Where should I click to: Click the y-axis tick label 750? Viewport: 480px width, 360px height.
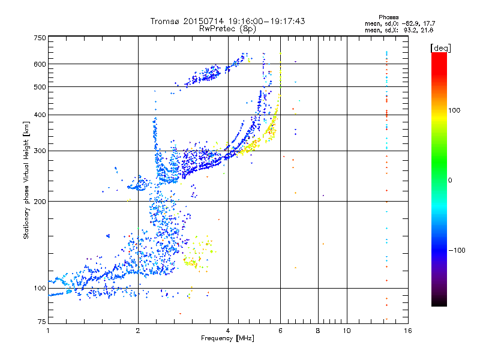[x=40, y=38]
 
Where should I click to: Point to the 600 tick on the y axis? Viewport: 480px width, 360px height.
[x=40, y=64]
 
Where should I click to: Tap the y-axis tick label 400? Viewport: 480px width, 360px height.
[x=40, y=115]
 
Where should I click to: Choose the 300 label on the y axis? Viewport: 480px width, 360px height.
[x=40, y=151]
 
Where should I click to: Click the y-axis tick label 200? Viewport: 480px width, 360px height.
[x=40, y=201]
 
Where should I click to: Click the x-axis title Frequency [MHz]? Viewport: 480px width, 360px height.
[x=227, y=339]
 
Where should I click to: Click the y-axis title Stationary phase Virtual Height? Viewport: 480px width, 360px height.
[x=26, y=180]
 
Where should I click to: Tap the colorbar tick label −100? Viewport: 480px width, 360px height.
[x=458, y=250]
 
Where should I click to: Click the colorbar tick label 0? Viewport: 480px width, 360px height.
[x=451, y=180]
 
